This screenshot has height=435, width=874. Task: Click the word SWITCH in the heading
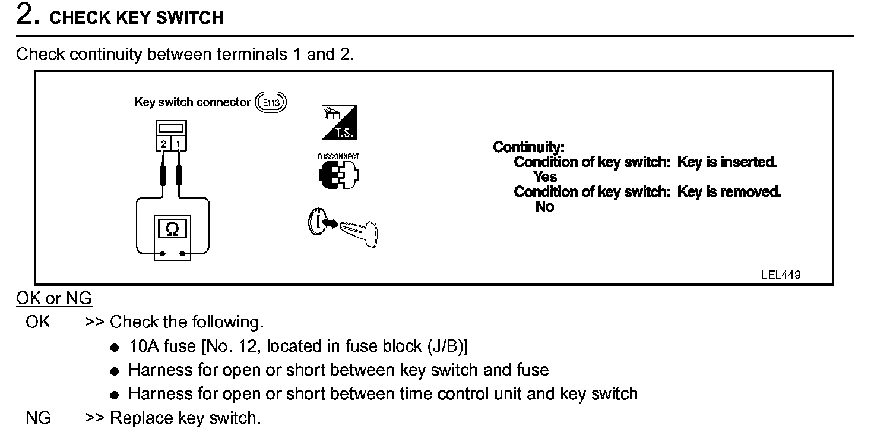[190, 18]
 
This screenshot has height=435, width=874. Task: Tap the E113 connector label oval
[271, 103]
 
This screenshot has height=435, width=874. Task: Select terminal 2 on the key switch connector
[163, 143]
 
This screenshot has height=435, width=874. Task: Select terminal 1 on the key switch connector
[179, 143]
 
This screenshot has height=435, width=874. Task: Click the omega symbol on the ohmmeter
[172, 229]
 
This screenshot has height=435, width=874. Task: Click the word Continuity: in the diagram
[528, 147]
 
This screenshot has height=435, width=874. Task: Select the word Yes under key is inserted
[545, 176]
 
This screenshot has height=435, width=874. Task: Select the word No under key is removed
[544, 206]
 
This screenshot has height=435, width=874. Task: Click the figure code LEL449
[780, 275]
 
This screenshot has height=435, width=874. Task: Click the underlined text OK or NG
[54, 298]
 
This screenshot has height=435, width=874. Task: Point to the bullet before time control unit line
[115, 395]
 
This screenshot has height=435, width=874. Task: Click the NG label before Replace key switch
[39, 418]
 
